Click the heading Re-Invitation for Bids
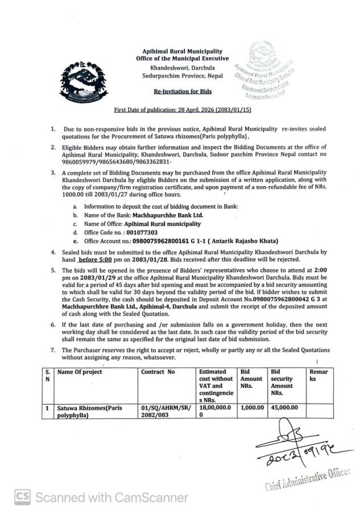tap(182, 91)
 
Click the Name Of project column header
tap(79, 372)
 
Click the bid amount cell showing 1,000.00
tap(252, 408)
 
